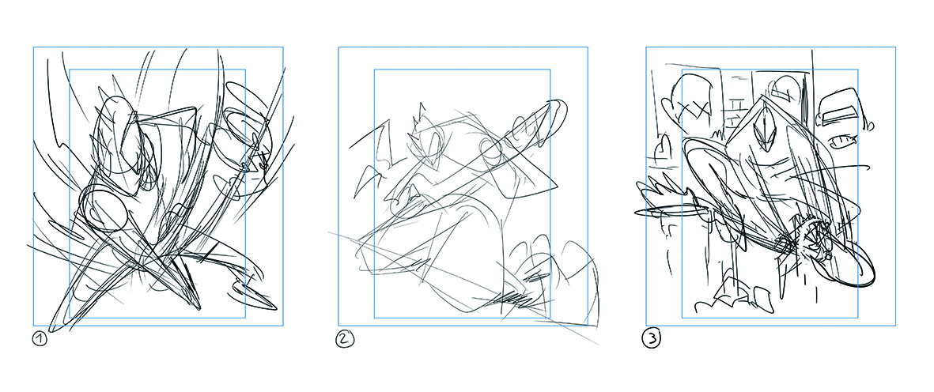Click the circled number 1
pyautogui.click(x=40, y=339)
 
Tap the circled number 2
pyautogui.click(x=344, y=339)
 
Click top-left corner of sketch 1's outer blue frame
pyautogui.click(x=33, y=47)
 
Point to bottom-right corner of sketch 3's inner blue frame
pyautogui.click(x=857, y=318)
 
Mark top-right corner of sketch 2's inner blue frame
pyautogui.click(x=550, y=69)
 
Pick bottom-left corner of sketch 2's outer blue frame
pyautogui.click(x=338, y=326)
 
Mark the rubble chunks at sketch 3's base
pyautogui.click(x=739, y=297)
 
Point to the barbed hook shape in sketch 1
pyautogui.click(x=256, y=296)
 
